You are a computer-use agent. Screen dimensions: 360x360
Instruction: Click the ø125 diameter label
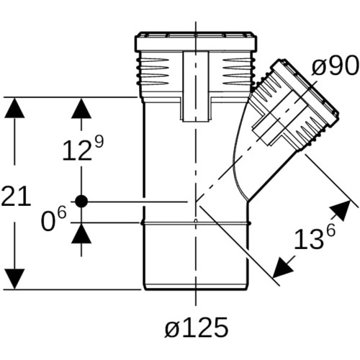197,328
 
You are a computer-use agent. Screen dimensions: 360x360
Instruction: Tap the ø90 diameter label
335,66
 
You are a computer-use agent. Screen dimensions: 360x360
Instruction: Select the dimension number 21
16,197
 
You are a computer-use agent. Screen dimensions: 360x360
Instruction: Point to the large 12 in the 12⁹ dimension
77,150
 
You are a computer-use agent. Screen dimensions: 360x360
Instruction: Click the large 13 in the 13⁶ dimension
308,239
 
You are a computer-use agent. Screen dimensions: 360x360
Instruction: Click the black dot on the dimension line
81,201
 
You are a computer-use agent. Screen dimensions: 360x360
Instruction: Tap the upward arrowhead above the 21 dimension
14,107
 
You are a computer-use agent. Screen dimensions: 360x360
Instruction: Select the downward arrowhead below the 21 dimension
14,279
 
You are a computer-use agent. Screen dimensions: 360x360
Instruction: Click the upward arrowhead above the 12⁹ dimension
81,108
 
